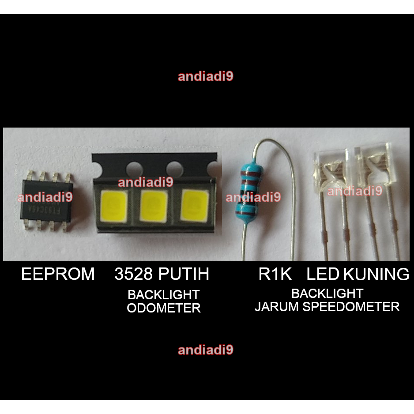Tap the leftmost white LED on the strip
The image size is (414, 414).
pyautogui.click(x=114, y=206)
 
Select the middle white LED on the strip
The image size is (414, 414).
pyautogui.click(x=154, y=206)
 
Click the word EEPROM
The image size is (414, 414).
pyautogui.click(x=58, y=275)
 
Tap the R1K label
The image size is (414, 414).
pyautogui.click(x=275, y=275)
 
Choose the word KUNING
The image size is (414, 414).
pyautogui.click(x=376, y=275)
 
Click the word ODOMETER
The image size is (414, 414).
pyautogui.click(x=164, y=308)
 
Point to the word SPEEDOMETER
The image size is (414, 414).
pyautogui.click(x=351, y=306)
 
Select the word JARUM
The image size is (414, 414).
pyautogui.click(x=277, y=306)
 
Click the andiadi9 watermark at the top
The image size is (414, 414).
pyautogui.click(x=205, y=76)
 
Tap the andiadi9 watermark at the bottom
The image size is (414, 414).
pyautogui.click(x=205, y=350)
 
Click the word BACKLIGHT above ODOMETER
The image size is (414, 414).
pyautogui.click(x=164, y=294)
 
